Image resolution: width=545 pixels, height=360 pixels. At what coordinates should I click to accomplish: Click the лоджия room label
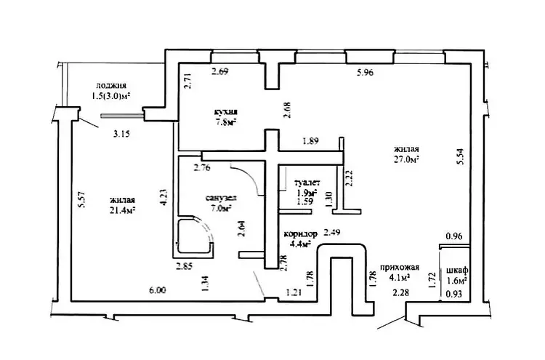(111, 86)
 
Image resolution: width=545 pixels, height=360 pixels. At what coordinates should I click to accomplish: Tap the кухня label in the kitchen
(226, 112)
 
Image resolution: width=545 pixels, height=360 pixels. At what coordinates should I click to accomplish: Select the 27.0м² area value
(406, 159)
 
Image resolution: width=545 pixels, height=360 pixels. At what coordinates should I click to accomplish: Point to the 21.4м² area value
(122, 209)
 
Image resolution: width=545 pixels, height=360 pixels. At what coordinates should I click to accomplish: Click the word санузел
(222, 198)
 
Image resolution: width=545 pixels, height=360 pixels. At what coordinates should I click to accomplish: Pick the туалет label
(307, 183)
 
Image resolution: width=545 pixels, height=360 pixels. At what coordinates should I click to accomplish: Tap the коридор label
(300, 233)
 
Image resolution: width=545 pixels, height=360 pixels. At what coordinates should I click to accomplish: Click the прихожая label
(400, 267)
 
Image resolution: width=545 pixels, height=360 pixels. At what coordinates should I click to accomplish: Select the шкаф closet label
(457, 270)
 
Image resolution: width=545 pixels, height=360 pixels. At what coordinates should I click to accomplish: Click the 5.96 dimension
(366, 73)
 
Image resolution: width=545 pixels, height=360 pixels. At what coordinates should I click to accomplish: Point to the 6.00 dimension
(158, 290)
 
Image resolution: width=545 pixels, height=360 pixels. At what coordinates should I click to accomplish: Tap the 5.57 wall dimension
(81, 200)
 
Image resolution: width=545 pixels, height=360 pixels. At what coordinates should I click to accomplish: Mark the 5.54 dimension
(461, 156)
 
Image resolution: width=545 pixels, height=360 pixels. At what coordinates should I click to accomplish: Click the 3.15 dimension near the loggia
(121, 134)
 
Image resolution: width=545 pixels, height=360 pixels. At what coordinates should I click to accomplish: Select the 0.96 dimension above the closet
(454, 236)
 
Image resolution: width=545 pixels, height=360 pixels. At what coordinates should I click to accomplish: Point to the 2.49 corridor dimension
(332, 232)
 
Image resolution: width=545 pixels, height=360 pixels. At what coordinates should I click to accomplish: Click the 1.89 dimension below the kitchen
(311, 141)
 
